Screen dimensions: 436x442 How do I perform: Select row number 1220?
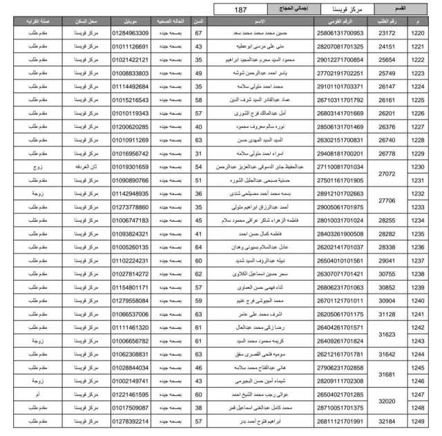(418, 33)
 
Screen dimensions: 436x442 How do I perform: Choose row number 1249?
(418, 421)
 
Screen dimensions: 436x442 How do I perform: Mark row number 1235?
(418, 234)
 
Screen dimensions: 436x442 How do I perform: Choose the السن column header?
(198, 21)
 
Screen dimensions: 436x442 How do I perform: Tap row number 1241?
(418, 314)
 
